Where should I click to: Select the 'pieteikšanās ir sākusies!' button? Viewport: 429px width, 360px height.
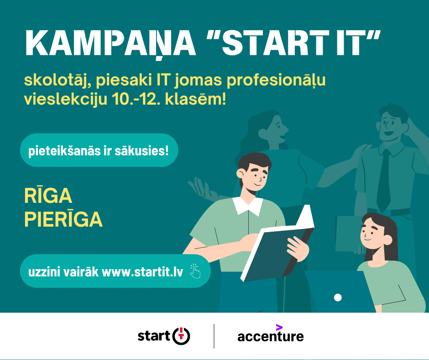click(99, 150)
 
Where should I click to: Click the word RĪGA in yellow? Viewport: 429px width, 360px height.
click(48, 196)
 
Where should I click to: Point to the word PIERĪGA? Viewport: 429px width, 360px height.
click(63, 219)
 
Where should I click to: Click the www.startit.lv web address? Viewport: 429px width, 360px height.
click(142, 272)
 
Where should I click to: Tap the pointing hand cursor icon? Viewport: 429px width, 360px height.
click(195, 271)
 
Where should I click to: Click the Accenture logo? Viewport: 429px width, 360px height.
click(271, 334)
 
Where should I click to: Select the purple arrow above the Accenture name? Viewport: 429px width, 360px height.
click(279, 328)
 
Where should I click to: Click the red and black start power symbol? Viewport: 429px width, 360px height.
click(181, 336)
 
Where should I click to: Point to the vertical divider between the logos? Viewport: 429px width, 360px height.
click(214, 336)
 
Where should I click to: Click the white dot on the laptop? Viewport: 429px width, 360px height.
click(338, 297)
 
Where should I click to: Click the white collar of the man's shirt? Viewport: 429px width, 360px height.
click(248, 206)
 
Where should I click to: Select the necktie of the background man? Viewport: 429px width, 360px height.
click(384, 181)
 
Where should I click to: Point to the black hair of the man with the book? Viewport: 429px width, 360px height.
click(254, 163)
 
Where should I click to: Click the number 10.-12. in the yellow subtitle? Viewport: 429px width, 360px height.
click(136, 99)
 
